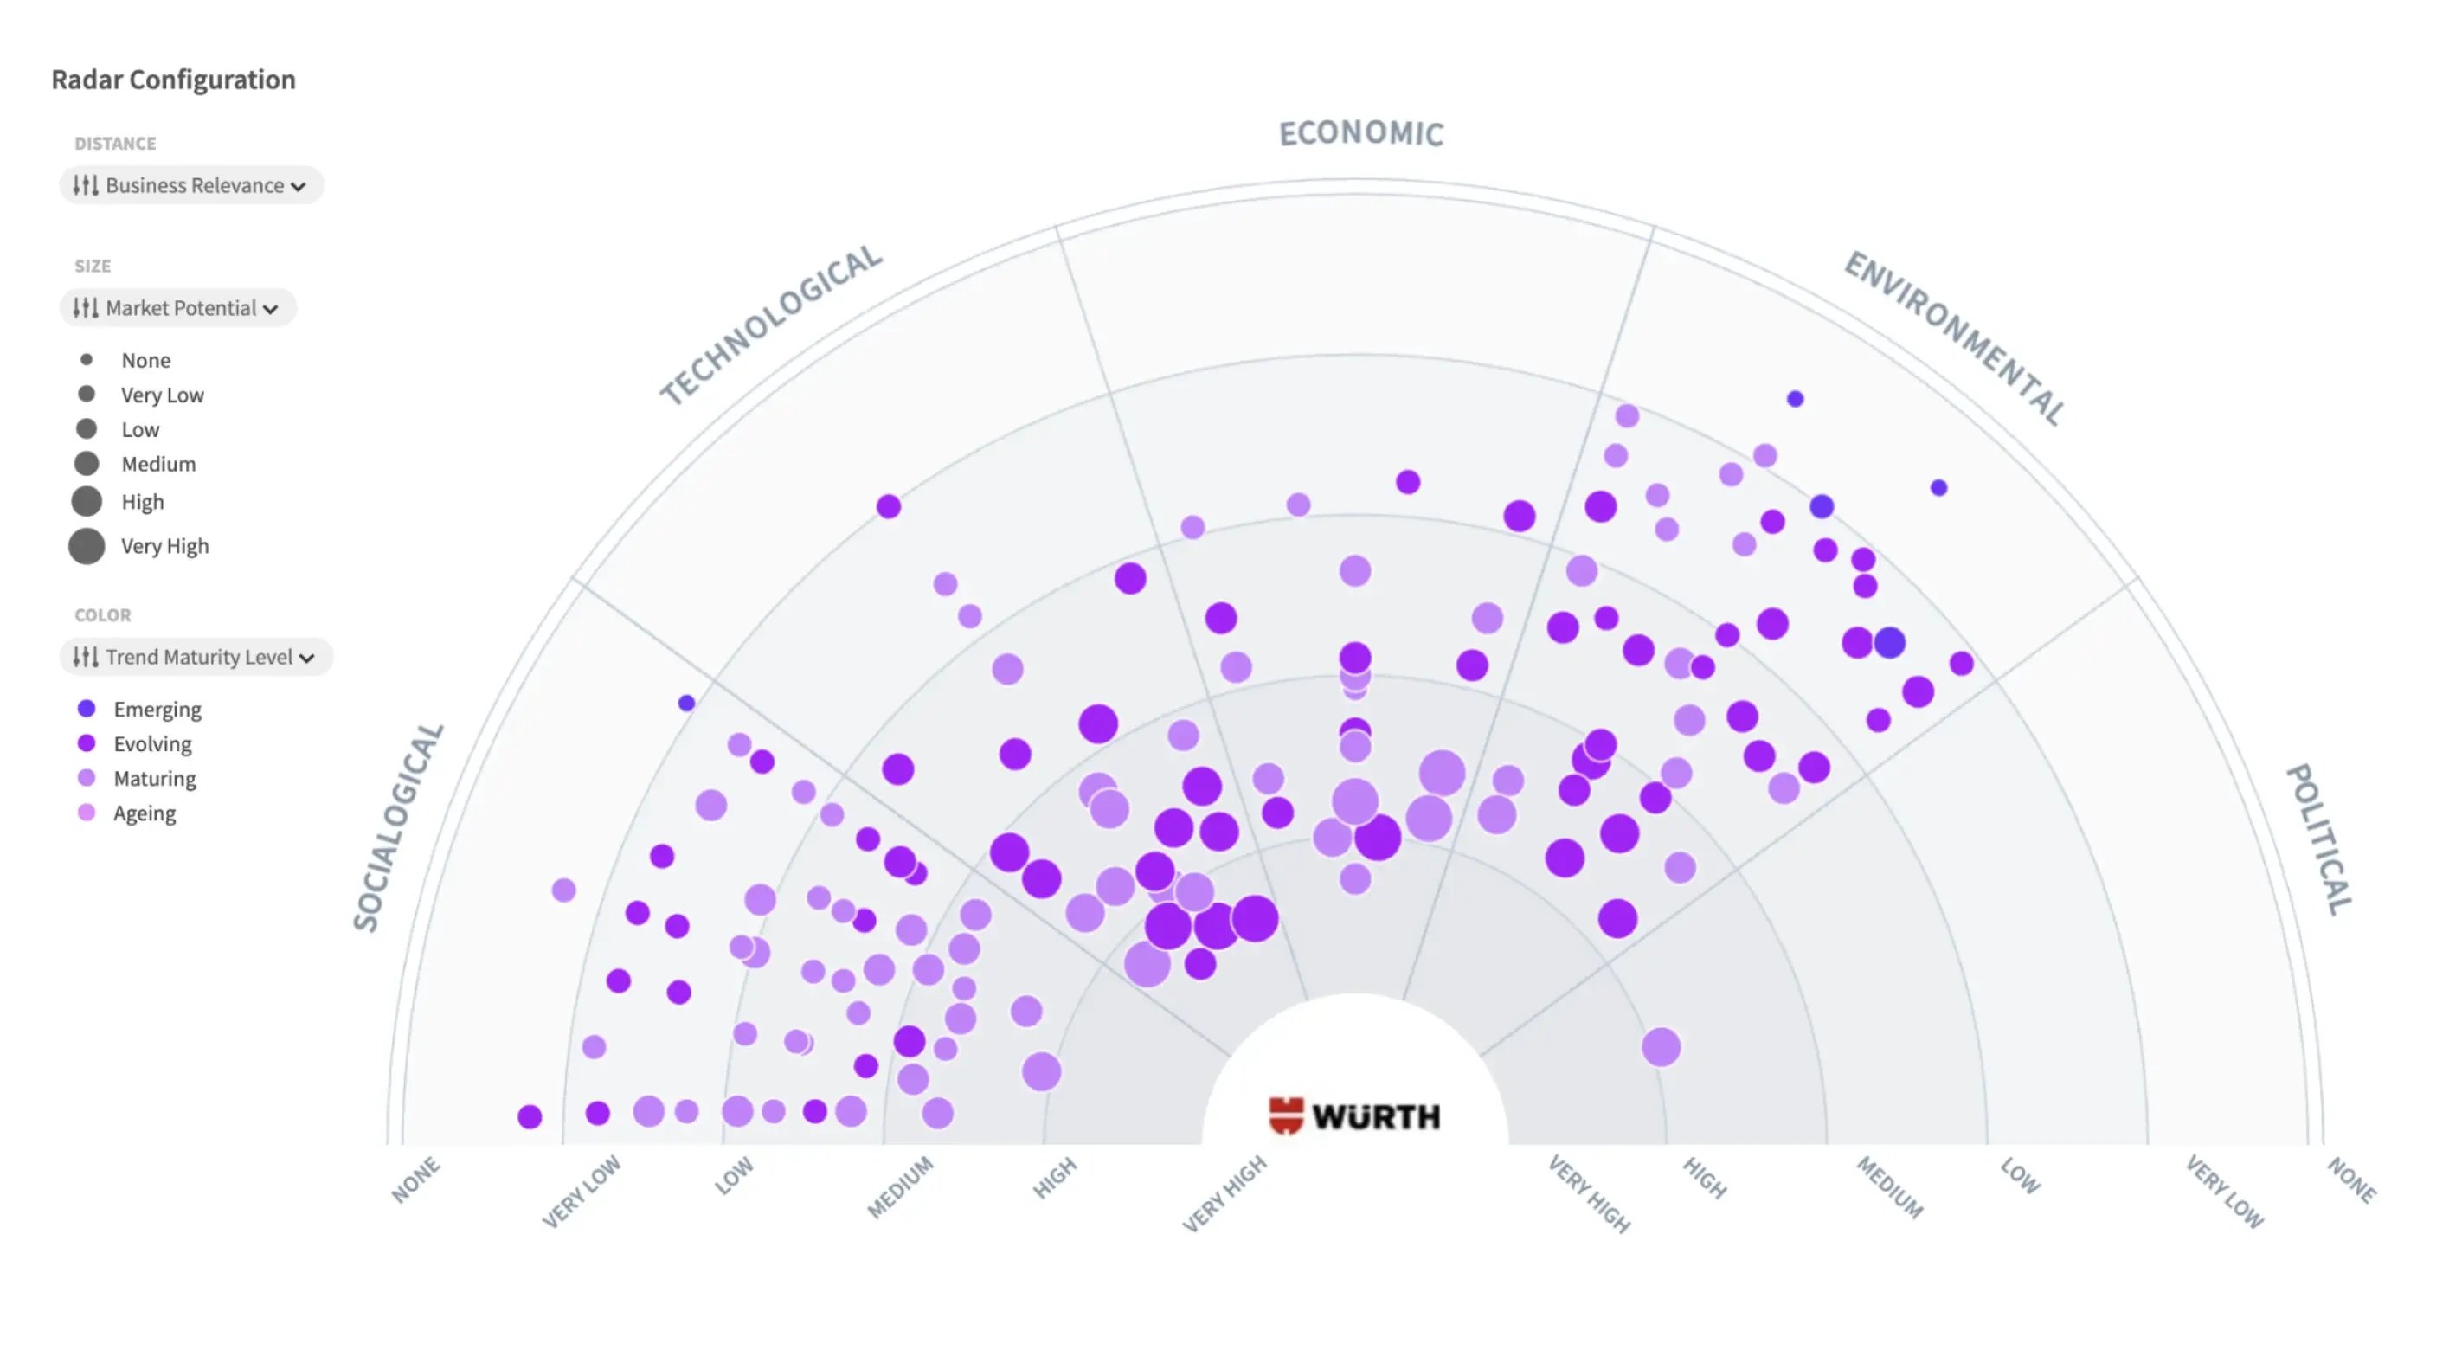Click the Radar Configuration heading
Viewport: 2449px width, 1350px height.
173,79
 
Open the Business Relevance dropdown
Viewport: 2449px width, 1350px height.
191,185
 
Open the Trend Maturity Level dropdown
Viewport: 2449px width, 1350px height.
196,657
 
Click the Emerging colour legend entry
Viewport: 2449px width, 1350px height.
157,710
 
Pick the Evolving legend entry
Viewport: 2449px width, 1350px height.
152,743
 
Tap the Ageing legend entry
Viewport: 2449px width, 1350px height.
144,813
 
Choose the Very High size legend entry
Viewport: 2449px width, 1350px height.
164,546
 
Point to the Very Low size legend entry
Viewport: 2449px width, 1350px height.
162,395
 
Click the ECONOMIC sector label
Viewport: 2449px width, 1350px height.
1360,133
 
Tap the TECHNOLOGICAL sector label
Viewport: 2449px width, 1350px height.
771,324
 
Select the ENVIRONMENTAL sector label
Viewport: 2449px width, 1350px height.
1955,337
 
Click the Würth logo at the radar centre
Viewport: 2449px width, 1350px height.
1355,1115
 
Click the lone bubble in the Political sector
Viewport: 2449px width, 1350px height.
1660,1047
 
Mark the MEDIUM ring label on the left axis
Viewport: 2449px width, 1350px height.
900,1186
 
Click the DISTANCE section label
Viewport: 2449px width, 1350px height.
115,144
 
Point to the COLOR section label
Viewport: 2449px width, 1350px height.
103,615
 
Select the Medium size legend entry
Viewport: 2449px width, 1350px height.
157,464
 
